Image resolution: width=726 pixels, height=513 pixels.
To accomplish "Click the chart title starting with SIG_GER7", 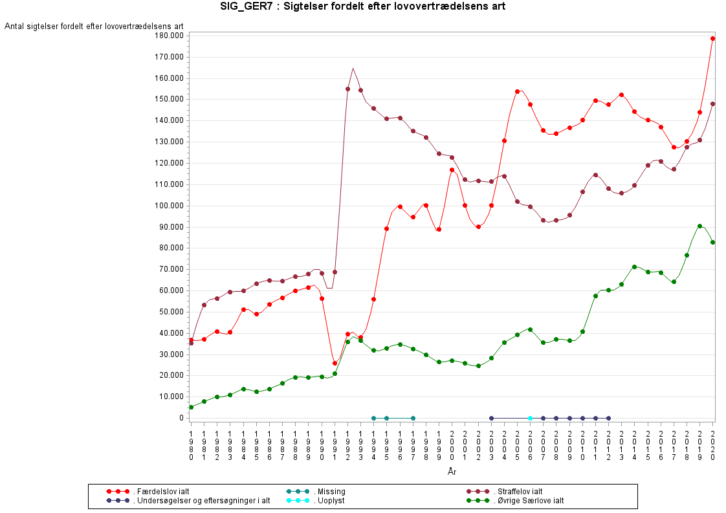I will (362, 6).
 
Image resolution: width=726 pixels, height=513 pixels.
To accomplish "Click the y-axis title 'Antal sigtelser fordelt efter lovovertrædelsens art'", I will (94, 26).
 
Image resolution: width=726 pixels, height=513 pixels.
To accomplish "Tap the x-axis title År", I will (452, 472).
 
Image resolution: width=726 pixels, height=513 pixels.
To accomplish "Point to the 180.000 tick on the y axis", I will (166, 36).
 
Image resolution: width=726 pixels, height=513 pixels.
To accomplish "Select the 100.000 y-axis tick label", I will (166, 206).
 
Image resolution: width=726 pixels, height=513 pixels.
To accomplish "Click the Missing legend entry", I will (330, 492).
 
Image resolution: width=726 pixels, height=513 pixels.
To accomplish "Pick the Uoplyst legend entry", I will (329, 501).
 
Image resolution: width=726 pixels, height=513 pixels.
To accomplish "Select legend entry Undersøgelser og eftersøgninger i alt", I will (201, 501).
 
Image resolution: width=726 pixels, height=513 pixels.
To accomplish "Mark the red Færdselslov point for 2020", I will (712, 38).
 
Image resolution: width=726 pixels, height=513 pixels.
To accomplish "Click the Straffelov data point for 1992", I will (347, 89).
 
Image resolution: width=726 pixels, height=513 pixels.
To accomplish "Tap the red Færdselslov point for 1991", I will (335, 363).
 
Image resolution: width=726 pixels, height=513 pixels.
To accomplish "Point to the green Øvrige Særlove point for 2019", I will (699, 226).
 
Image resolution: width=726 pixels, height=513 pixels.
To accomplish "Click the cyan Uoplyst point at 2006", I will (530, 418).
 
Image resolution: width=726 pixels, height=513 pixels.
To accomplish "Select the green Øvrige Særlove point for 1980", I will (191, 407).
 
